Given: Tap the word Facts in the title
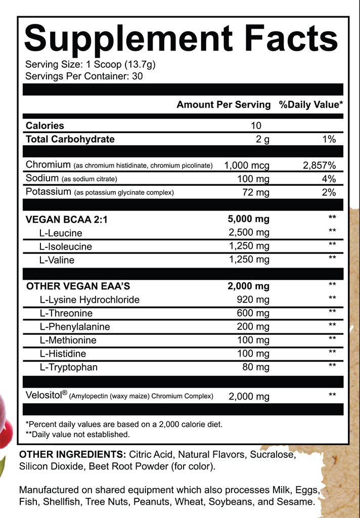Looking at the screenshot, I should click(x=288, y=39).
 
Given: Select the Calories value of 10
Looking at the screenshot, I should click(x=255, y=125).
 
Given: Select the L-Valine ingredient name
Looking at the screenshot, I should click(x=57, y=260).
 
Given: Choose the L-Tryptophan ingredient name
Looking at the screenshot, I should click(x=68, y=367).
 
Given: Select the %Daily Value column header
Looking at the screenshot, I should click(x=310, y=105).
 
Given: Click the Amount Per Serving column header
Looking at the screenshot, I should click(x=223, y=105).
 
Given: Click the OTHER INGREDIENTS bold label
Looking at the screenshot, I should click(x=72, y=455).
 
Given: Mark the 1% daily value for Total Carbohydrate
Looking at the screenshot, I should click(x=329, y=139).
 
